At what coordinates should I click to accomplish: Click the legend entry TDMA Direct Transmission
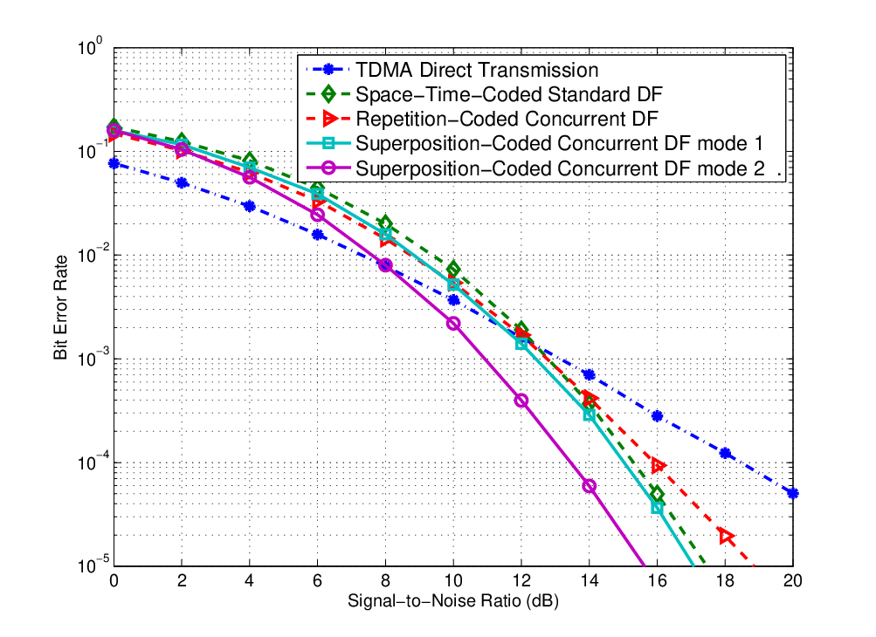tap(477, 70)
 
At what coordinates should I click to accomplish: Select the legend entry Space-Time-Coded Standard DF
tap(509, 94)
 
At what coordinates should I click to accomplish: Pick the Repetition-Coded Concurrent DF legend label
tap(507, 119)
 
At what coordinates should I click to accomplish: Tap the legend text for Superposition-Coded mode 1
tap(559, 143)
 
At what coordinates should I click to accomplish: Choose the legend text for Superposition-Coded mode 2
tap(561, 168)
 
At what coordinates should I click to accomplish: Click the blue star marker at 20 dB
tap(792, 493)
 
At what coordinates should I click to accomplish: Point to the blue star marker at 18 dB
tap(725, 454)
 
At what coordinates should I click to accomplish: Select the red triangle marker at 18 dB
tap(726, 537)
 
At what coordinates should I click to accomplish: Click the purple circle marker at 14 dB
tap(589, 486)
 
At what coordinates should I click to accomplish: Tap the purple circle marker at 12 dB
tap(521, 401)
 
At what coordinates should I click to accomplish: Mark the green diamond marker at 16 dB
tap(657, 495)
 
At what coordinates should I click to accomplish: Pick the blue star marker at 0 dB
tap(114, 163)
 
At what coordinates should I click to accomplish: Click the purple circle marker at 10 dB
tap(453, 323)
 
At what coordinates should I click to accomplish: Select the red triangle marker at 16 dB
tap(659, 465)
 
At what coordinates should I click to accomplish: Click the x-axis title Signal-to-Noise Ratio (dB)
tap(453, 600)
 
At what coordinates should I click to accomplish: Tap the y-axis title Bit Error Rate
tap(60, 308)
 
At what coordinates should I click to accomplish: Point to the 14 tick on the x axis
tap(589, 581)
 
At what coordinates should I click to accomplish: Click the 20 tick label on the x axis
tap(792, 581)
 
